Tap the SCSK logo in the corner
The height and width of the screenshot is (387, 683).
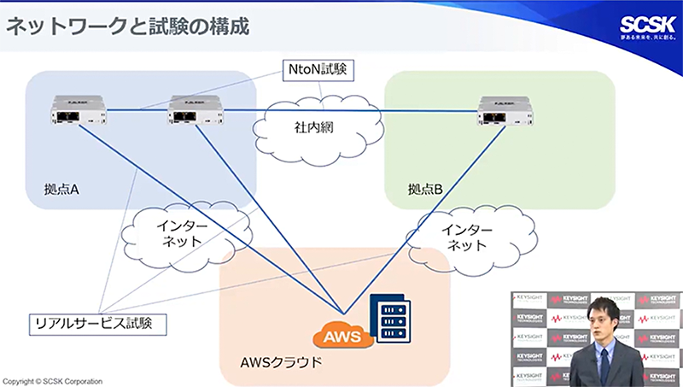pyautogui.click(x=647, y=26)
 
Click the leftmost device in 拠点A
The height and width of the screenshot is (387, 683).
pyautogui.click(x=74, y=109)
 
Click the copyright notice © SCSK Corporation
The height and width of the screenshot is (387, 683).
pyautogui.click(x=53, y=381)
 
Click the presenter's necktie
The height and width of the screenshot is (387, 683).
pyautogui.click(x=604, y=363)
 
